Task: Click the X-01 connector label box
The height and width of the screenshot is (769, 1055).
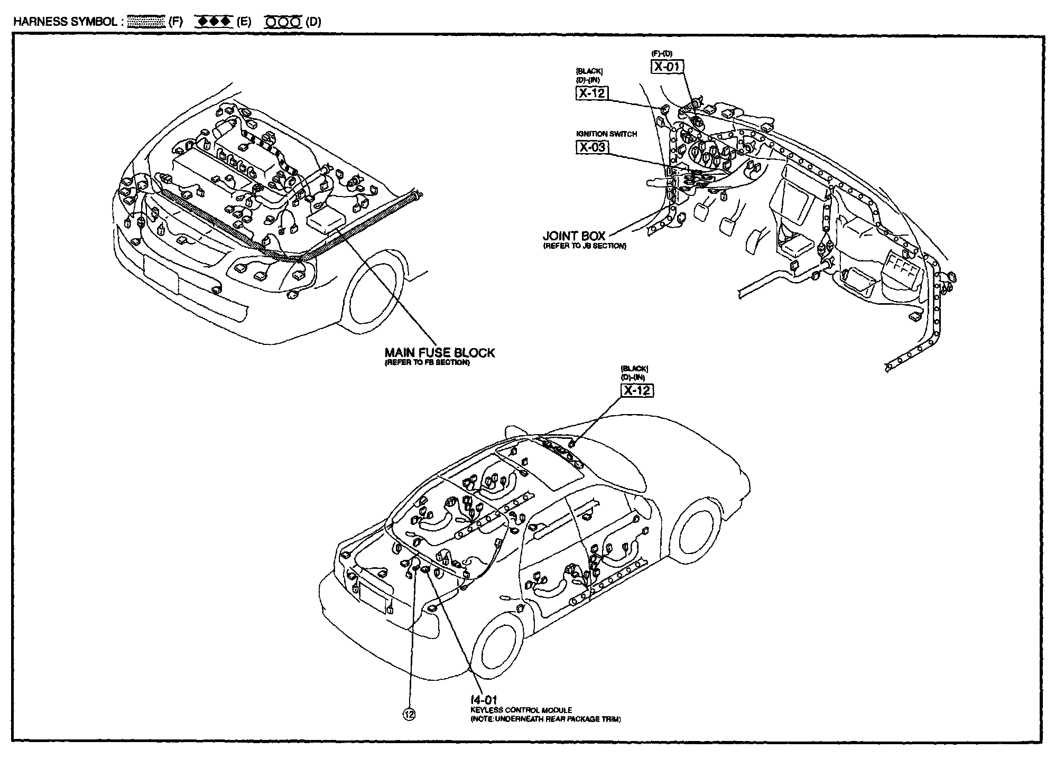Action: pos(667,67)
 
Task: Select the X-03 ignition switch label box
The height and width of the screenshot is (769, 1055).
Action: pos(592,147)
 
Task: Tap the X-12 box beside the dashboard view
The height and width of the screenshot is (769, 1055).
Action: pos(591,93)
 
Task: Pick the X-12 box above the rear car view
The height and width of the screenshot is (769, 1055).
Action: pos(636,391)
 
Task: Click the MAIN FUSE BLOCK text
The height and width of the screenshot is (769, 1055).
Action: pos(439,353)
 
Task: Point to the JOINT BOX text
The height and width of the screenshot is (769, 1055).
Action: pos(574,236)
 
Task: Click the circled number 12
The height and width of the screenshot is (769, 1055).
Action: pos(409,715)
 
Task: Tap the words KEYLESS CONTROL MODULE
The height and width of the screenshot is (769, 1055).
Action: pos(521,710)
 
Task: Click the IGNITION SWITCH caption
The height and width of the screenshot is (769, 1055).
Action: pos(606,134)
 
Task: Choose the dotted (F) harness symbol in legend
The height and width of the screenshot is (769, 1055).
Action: pos(146,22)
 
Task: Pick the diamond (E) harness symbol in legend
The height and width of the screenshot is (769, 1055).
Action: pos(214,22)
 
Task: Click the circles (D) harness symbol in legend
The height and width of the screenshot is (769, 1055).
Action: pos(283,22)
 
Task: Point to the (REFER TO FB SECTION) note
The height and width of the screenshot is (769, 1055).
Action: pos(427,363)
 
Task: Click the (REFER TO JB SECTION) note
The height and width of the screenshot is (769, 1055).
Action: pos(585,246)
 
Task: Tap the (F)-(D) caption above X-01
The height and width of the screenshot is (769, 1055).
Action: pos(662,54)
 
